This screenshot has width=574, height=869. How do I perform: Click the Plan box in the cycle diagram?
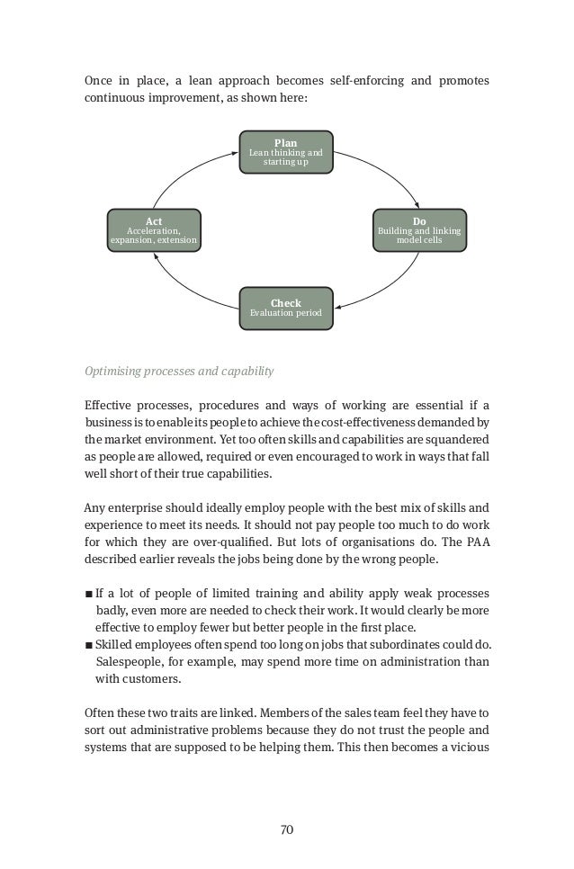286,154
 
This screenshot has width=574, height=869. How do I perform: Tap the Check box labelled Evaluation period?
286,309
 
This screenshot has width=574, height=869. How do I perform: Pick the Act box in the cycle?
154,229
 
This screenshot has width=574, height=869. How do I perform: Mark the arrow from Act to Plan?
184,172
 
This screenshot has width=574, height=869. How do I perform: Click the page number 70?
286,829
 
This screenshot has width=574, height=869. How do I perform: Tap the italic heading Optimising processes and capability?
179,371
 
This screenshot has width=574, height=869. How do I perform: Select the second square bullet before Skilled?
87,646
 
